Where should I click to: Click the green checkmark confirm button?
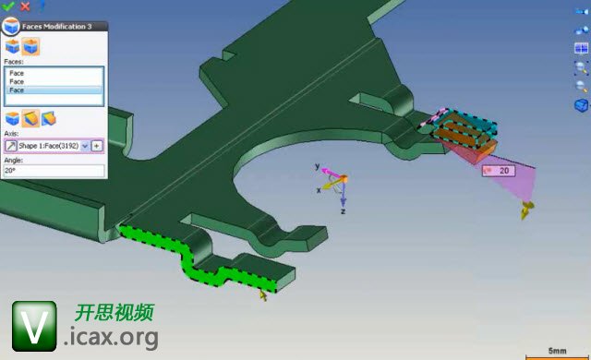pyautogui.click(x=7, y=6)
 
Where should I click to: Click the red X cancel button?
pyautogui.click(x=25, y=6)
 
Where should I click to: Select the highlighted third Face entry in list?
pyautogui.click(x=17, y=90)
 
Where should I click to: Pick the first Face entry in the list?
pyautogui.click(x=17, y=73)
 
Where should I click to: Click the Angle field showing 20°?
pyautogui.click(x=54, y=171)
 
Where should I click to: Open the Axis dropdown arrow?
pyautogui.click(x=85, y=146)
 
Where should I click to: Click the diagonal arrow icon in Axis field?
pyautogui.click(x=11, y=146)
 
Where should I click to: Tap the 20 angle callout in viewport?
pyautogui.click(x=499, y=171)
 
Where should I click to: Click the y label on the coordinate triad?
pyautogui.click(x=318, y=166)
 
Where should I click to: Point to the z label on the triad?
pyautogui.click(x=343, y=211)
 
